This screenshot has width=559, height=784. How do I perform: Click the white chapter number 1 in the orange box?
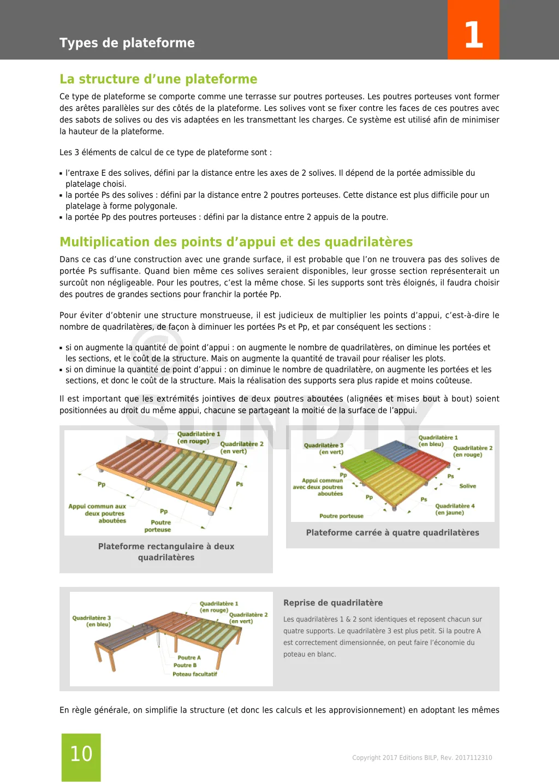tap(473, 35)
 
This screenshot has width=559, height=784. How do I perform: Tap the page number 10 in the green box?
tap(81, 754)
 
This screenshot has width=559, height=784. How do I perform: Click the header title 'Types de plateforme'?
tap(127, 43)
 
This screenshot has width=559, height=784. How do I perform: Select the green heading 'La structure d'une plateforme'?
tap(158, 79)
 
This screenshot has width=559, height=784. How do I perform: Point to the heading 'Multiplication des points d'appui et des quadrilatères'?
tap(236, 242)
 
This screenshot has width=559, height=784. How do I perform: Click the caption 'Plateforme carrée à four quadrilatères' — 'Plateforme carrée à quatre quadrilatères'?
tap(393, 533)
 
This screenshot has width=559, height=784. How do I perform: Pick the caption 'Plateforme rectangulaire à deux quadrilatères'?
tap(166, 552)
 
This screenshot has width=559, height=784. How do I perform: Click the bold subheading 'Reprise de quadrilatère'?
tap(333, 603)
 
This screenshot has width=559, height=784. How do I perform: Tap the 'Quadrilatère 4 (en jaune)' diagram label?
tap(454, 509)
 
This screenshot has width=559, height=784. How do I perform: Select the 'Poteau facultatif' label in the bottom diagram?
tap(195, 674)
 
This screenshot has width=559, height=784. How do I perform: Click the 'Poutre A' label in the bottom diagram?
tap(189, 658)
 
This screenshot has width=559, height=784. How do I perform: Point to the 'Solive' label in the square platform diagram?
tap(467, 486)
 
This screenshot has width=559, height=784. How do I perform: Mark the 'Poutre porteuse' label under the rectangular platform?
tap(158, 526)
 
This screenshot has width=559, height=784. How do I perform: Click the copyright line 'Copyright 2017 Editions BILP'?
tap(422, 758)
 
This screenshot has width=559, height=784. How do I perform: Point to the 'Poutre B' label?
tap(185, 666)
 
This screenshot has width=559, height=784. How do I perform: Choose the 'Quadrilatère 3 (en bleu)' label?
tap(92, 621)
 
